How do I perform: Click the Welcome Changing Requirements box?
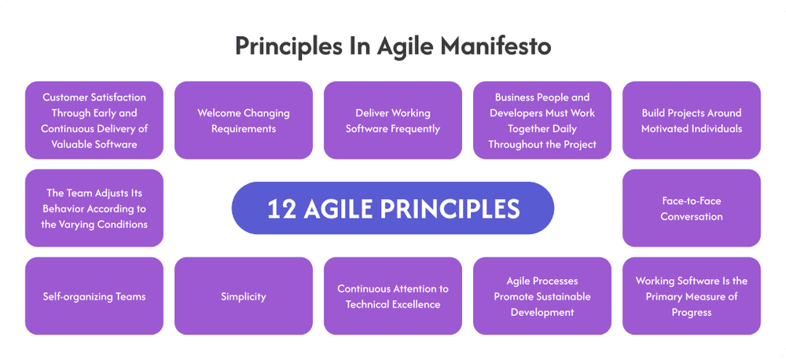[x=244, y=120]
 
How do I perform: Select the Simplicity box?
[x=244, y=296]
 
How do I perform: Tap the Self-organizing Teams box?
[x=94, y=296]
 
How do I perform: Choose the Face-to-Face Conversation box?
[x=692, y=208]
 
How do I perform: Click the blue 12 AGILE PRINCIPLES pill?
[x=393, y=208]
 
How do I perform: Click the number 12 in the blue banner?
[x=281, y=208]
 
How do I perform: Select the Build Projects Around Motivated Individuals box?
[x=692, y=120]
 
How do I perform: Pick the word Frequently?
[x=416, y=129]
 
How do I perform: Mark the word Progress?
[x=692, y=312]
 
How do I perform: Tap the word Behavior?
[x=63, y=208]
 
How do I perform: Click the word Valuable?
[x=70, y=145]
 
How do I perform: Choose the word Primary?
[x=664, y=296]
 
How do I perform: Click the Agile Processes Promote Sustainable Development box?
[x=542, y=296]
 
